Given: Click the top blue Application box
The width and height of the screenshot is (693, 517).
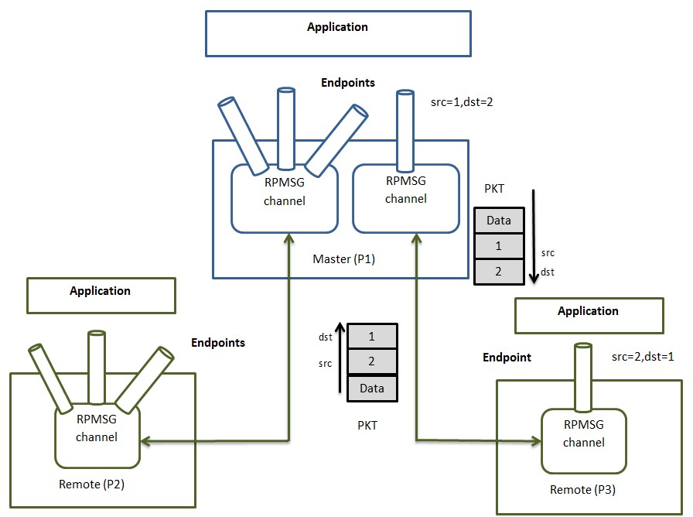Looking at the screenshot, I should click(337, 33).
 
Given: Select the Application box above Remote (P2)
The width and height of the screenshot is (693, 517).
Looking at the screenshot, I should click(101, 296).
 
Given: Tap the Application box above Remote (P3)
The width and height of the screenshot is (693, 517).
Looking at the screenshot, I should click(589, 315).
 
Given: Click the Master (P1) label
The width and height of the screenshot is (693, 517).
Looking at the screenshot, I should click(344, 259).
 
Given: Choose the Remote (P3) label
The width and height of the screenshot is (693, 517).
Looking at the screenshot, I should click(582, 490).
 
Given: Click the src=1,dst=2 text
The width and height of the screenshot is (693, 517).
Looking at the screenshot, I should click(462, 101).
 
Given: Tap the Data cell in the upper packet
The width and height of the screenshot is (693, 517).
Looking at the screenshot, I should click(499, 221).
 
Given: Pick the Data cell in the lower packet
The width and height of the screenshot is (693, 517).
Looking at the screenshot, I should click(372, 389).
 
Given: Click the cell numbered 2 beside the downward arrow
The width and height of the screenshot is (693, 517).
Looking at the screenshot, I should click(499, 271).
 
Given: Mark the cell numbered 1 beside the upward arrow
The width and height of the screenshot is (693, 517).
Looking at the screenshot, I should click(372, 337).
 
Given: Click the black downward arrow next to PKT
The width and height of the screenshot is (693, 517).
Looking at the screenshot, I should click(533, 232).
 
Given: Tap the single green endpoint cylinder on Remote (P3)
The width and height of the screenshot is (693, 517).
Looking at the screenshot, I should click(582, 377).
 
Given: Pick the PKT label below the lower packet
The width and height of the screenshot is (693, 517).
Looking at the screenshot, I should click(367, 425).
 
